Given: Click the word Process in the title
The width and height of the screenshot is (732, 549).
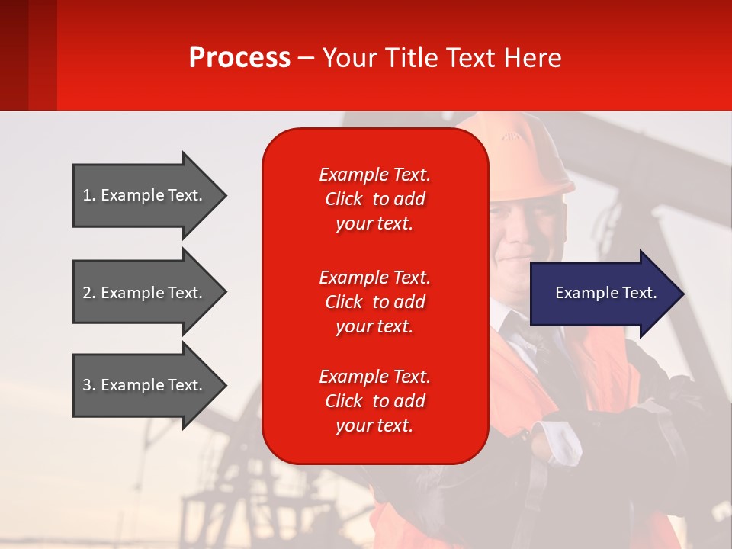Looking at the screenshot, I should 239,58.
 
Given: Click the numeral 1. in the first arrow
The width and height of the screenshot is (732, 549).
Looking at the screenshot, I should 89,195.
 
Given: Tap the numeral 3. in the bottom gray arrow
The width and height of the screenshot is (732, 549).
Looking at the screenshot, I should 89,385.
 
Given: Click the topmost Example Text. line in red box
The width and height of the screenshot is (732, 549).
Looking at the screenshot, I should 374,175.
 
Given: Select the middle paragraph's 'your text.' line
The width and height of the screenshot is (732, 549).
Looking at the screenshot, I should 374,326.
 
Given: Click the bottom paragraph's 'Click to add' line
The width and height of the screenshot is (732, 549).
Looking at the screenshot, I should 374,401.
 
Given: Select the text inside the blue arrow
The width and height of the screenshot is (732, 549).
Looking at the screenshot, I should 605,293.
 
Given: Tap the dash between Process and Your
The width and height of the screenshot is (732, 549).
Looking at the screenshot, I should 306,59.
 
